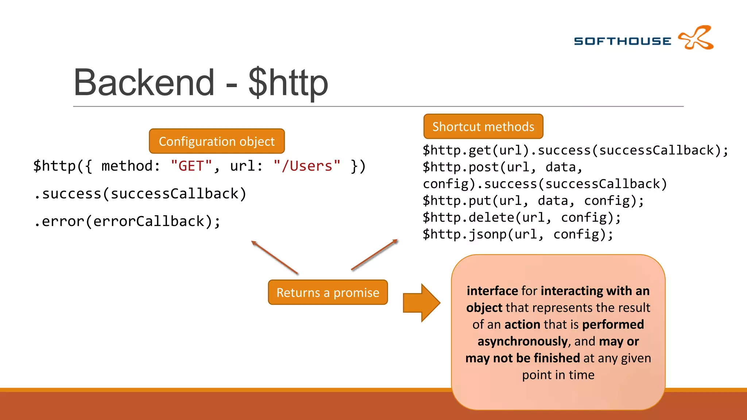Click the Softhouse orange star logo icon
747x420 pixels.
point(696,38)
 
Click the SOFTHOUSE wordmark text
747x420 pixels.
point(622,41)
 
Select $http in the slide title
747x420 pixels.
point(288,83)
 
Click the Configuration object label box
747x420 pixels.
point(217,141)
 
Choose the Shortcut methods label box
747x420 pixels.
point(483,127)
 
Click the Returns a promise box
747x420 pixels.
point(328,292)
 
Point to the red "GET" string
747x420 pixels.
point(191,166)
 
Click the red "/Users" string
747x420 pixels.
point(307,166)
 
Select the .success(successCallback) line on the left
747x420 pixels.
point(140,194)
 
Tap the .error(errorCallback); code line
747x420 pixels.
point(127,221)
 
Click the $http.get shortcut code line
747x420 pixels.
point(575,150)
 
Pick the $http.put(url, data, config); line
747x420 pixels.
point(533,201)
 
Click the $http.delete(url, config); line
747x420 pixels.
point(522,218)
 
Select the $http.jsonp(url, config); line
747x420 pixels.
point(518,234)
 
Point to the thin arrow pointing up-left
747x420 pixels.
point(274,257)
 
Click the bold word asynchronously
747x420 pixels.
point(522,341)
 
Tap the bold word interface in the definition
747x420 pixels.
point(492,291)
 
